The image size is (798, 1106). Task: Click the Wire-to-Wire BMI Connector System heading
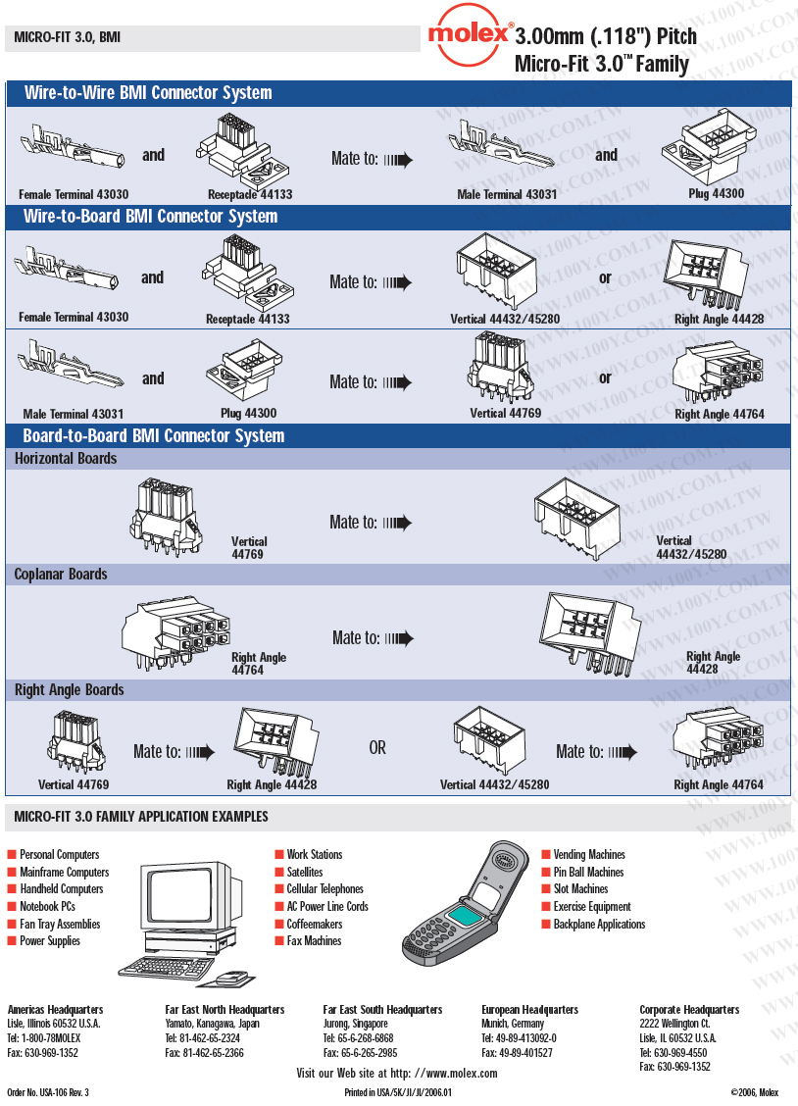148,93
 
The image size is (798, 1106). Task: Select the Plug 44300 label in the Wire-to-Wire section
716,193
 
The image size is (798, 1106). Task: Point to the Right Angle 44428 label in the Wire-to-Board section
719,319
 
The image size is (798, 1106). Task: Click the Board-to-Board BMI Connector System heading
154,435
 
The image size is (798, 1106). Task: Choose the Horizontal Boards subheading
66,458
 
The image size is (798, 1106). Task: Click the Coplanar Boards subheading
61,574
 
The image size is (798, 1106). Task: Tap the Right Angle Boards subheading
70,689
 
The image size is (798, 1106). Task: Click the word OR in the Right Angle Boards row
377,748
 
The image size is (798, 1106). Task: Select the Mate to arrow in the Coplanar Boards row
398,638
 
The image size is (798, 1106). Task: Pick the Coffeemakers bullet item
314,924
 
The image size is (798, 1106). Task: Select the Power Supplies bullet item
50,940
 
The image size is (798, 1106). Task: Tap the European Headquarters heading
529,1009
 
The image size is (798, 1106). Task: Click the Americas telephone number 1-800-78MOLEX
51,1037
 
